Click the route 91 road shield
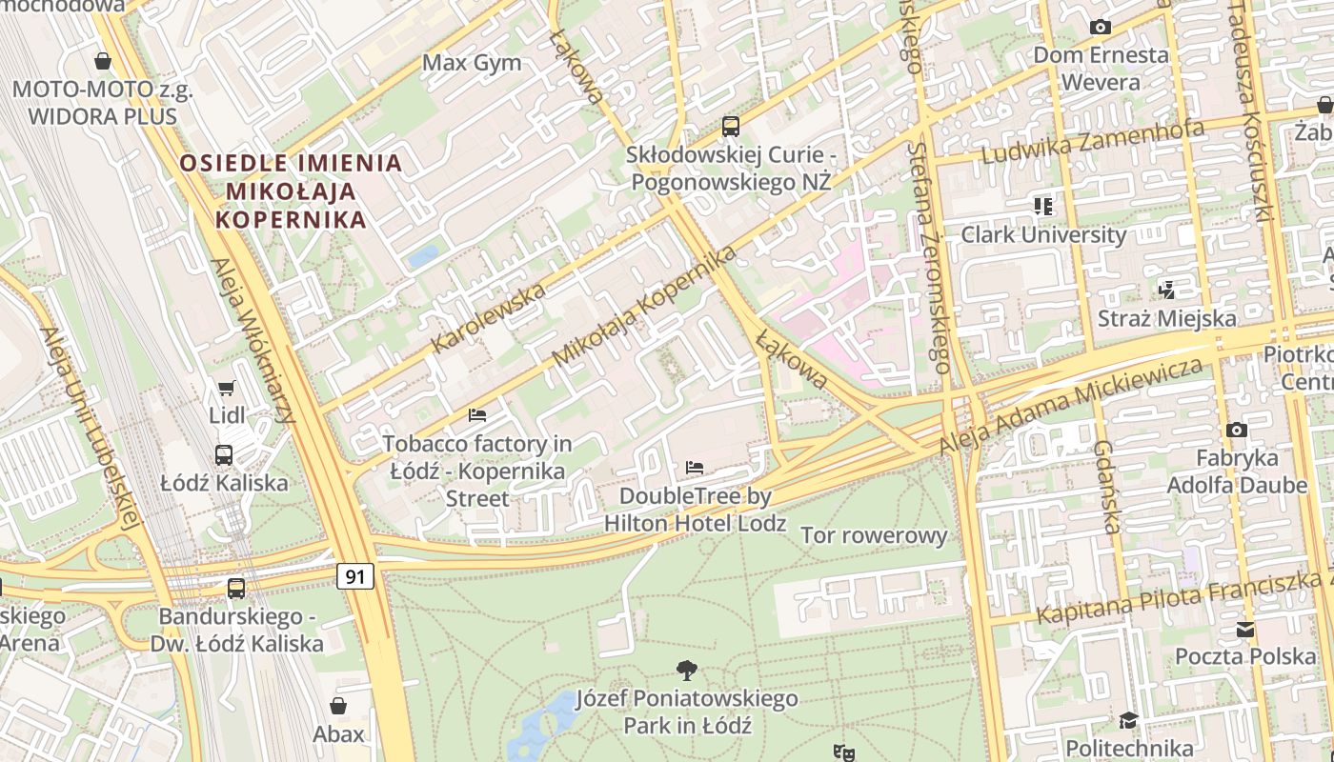(354, 576)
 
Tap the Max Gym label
(472, 63)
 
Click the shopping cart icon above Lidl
(226, 388)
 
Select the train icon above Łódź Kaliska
(224, 455)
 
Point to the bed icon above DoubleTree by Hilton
(695, 468)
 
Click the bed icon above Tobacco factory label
(477, 414)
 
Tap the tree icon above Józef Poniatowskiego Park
(686, 670)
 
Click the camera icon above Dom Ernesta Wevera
(1101, 27)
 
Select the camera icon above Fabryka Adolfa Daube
(1237, 431)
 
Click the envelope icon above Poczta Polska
(1245, 629)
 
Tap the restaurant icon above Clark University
(1043, 206)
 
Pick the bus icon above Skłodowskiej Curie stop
(731, 126)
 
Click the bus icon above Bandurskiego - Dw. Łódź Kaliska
(236, 589)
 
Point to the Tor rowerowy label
(874, 535)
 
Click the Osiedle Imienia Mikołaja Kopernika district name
(291, 190)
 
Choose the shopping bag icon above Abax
(338, 706)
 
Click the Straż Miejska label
(1167, 318)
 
